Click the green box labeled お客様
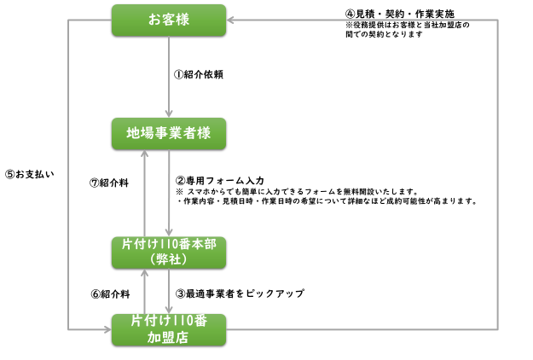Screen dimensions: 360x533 tap(169, 20)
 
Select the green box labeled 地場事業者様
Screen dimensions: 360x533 tap(169, 133)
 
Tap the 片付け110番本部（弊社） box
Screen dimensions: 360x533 tap(169, 252)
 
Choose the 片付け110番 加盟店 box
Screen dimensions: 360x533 tap(169, 329)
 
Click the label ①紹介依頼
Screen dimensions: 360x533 tap(199, 74)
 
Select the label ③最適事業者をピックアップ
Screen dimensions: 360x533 tap(240, 293)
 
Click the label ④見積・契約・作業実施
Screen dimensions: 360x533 tap(399, 15)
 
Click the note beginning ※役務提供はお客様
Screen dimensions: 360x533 tap(408, 30)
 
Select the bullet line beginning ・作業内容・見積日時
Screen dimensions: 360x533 tap(326, 202)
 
